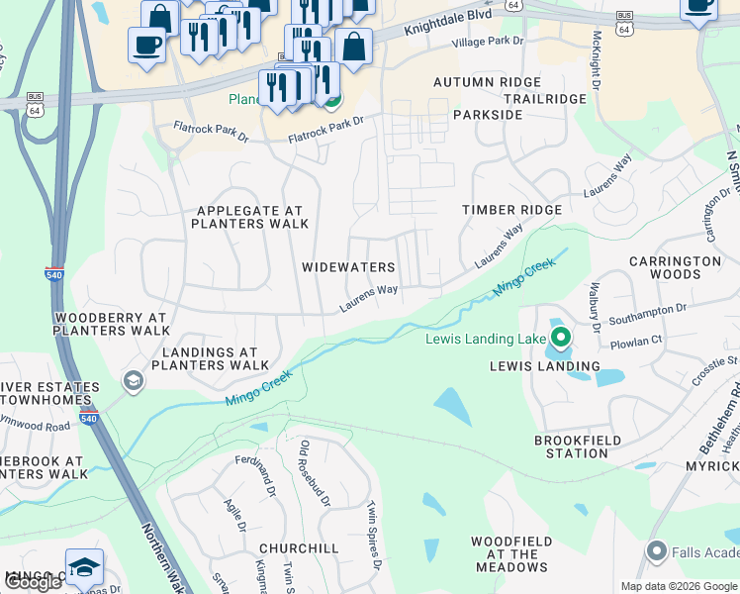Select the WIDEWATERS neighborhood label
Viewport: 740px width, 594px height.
pos(348,267)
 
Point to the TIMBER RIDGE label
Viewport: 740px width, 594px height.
pos(512,210)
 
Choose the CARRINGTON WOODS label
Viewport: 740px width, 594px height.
pos(676,267)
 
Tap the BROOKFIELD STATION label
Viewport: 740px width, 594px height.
pos(578,446)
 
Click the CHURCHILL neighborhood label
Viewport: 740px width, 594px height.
pos(299,547)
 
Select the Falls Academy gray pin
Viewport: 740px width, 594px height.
pos(655,550)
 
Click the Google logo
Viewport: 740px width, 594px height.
pos(34,581)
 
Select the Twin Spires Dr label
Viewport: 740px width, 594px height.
pos(375,535)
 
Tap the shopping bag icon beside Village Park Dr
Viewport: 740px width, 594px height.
pos(353,46)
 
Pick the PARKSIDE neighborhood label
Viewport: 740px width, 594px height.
pos(488,115)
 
